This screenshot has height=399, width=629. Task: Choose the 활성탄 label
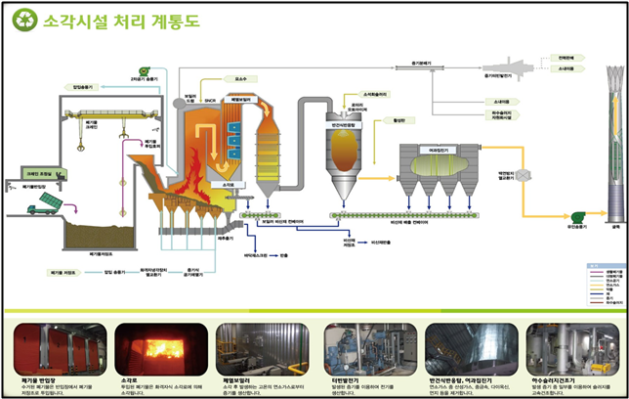point(398,120)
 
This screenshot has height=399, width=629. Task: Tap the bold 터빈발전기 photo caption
point(346,379)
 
